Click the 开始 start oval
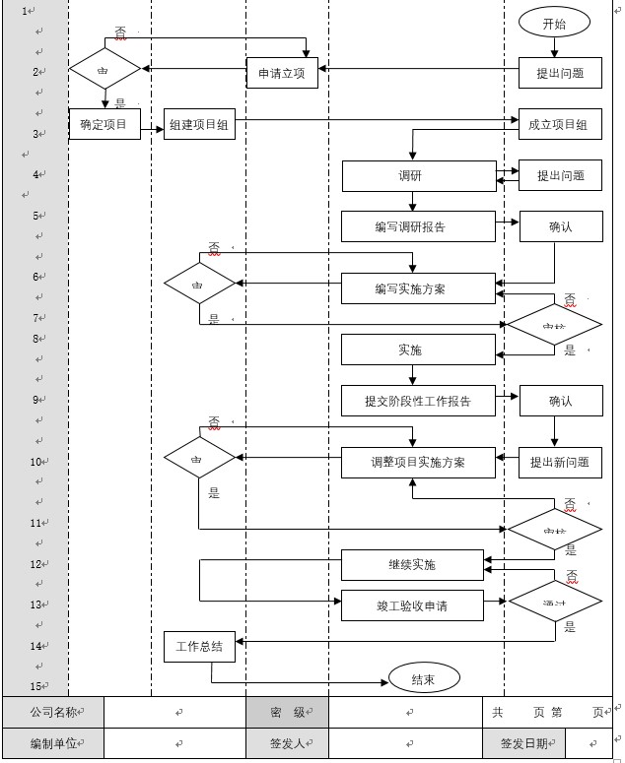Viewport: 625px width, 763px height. coord(554,24)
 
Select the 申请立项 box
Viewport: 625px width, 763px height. coord(282,73)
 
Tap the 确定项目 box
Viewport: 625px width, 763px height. coord(104,124)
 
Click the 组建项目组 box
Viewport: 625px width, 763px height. coord(199,124)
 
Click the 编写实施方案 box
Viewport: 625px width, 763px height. coord(418,287)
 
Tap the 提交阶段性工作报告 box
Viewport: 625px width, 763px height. coord(418,401)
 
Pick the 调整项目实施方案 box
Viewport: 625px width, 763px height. coord(418,462)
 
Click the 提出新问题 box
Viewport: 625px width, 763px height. coord(560,462)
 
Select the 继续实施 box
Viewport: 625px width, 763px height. coord(412,565)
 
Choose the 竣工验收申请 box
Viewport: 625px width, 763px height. coord(412,605)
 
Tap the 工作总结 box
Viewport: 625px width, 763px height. coord(199,647)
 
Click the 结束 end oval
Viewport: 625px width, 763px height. coord(424,678)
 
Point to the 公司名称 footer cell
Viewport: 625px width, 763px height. coord(53,711)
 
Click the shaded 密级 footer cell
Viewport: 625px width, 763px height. coord(287,711)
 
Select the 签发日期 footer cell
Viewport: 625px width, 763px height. coord(522,744)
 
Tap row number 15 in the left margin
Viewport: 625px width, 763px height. coord(35,686)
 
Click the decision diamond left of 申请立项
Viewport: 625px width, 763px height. coord(104,70)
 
